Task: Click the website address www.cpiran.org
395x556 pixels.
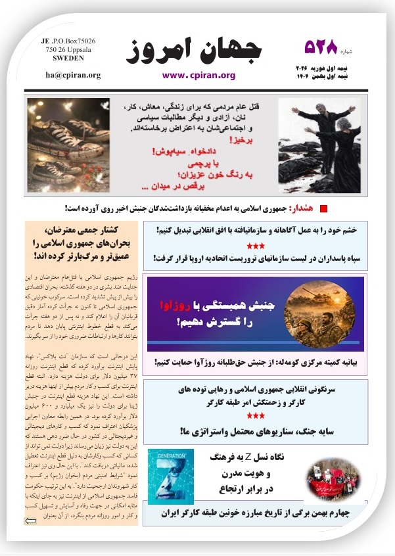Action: pyautogui.click(x=198, y=75)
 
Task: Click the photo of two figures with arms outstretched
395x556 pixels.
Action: pyautogui.click(x=319, y=145)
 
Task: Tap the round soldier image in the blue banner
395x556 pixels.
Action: pyautogui.click(x=327, y=311)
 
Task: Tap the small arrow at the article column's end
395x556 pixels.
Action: pyautogui.click(x=31, y=521)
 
